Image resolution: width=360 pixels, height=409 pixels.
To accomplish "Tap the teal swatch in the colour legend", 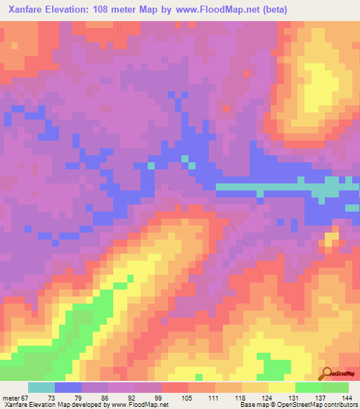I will (x=41, y=388).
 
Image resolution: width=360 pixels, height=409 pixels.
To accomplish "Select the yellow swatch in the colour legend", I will (x=281, y=388).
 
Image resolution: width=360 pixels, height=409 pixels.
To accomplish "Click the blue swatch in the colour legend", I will (x=67, y=388).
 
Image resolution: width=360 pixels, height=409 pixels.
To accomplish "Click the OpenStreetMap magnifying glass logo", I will (x=328, y=374).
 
